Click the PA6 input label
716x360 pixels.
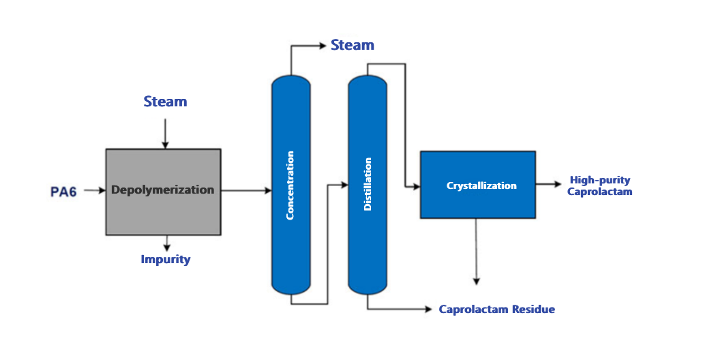[64, 192]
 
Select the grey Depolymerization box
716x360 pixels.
[163, 192]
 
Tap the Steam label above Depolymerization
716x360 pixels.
[165, 102]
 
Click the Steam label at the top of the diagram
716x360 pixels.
[352, 46]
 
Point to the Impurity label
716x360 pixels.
[166, 259]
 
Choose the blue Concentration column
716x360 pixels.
[291, 185]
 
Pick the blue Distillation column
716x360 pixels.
[368, 185]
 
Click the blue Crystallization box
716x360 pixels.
[477, 185]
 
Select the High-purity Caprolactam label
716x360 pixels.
[599, 186]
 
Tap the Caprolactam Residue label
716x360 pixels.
[496, 310]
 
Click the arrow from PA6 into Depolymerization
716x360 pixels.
[94, 192]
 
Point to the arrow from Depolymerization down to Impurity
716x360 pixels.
[166, 243]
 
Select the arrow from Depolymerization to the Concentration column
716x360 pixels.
[246, 191]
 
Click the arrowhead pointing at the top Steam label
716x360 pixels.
[322, 46]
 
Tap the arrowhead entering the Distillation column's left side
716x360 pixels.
[344, 184]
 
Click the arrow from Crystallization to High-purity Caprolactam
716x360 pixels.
[549, 184]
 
